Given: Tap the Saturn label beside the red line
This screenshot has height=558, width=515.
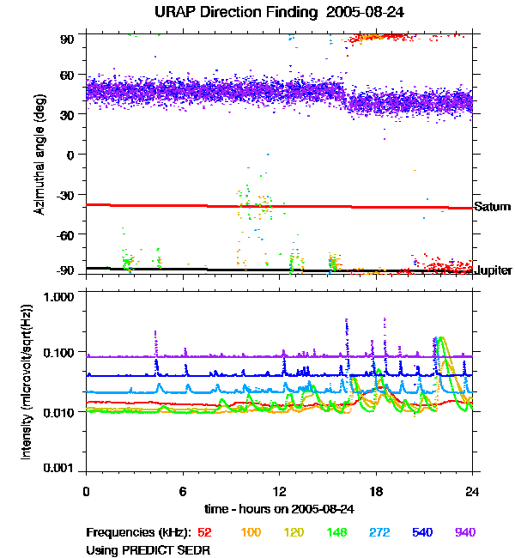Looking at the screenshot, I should (x=492, y=207).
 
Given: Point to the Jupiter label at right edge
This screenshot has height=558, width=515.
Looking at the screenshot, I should (x=494, y=270).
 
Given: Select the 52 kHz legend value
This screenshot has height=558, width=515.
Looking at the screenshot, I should (x=205, y=532).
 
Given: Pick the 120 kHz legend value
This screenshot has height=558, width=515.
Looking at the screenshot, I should (x=294, y=532).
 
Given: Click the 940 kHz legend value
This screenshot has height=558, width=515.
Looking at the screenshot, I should (x=464, y=532).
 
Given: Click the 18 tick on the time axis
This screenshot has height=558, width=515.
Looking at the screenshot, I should (x=375, y=491).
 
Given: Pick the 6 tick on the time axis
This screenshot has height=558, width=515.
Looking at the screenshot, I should (x=183, y=491).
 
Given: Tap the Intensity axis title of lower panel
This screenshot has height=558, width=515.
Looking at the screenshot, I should (x=26, y=381).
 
